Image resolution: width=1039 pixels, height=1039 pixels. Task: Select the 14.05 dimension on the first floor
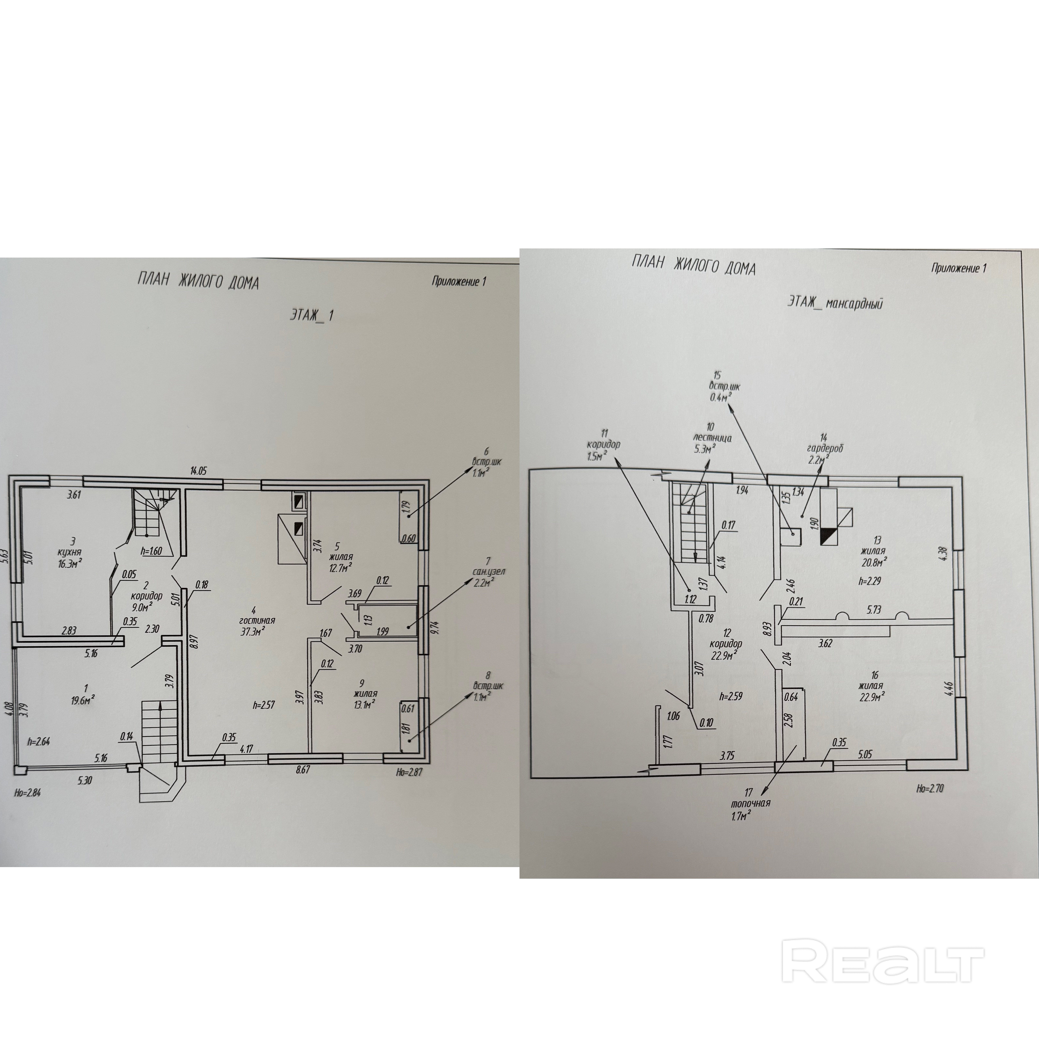[198, 471]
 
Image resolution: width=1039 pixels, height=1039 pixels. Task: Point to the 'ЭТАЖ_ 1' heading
[312, 315]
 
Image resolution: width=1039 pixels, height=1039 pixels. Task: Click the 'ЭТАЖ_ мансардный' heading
[835, 303]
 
